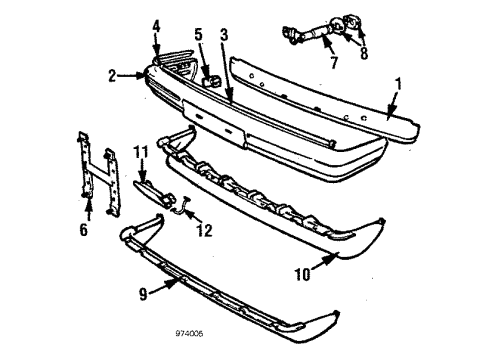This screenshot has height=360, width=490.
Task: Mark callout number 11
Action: click(140, 151)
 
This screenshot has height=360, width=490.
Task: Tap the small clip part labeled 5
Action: click(211, 77)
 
